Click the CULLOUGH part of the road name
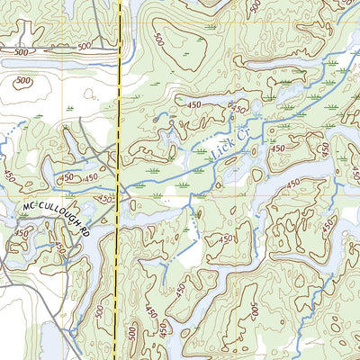pyautogui.click(x=58, y=216)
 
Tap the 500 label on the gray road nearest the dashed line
pyautogui.click(x=84, y=48)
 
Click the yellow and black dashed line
pyautogui.click(x=119, y=108)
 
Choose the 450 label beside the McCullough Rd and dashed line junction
pyautogui.click(x=106, y=199)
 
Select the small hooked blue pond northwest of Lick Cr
pyautogui.click(x=160, y=117)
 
